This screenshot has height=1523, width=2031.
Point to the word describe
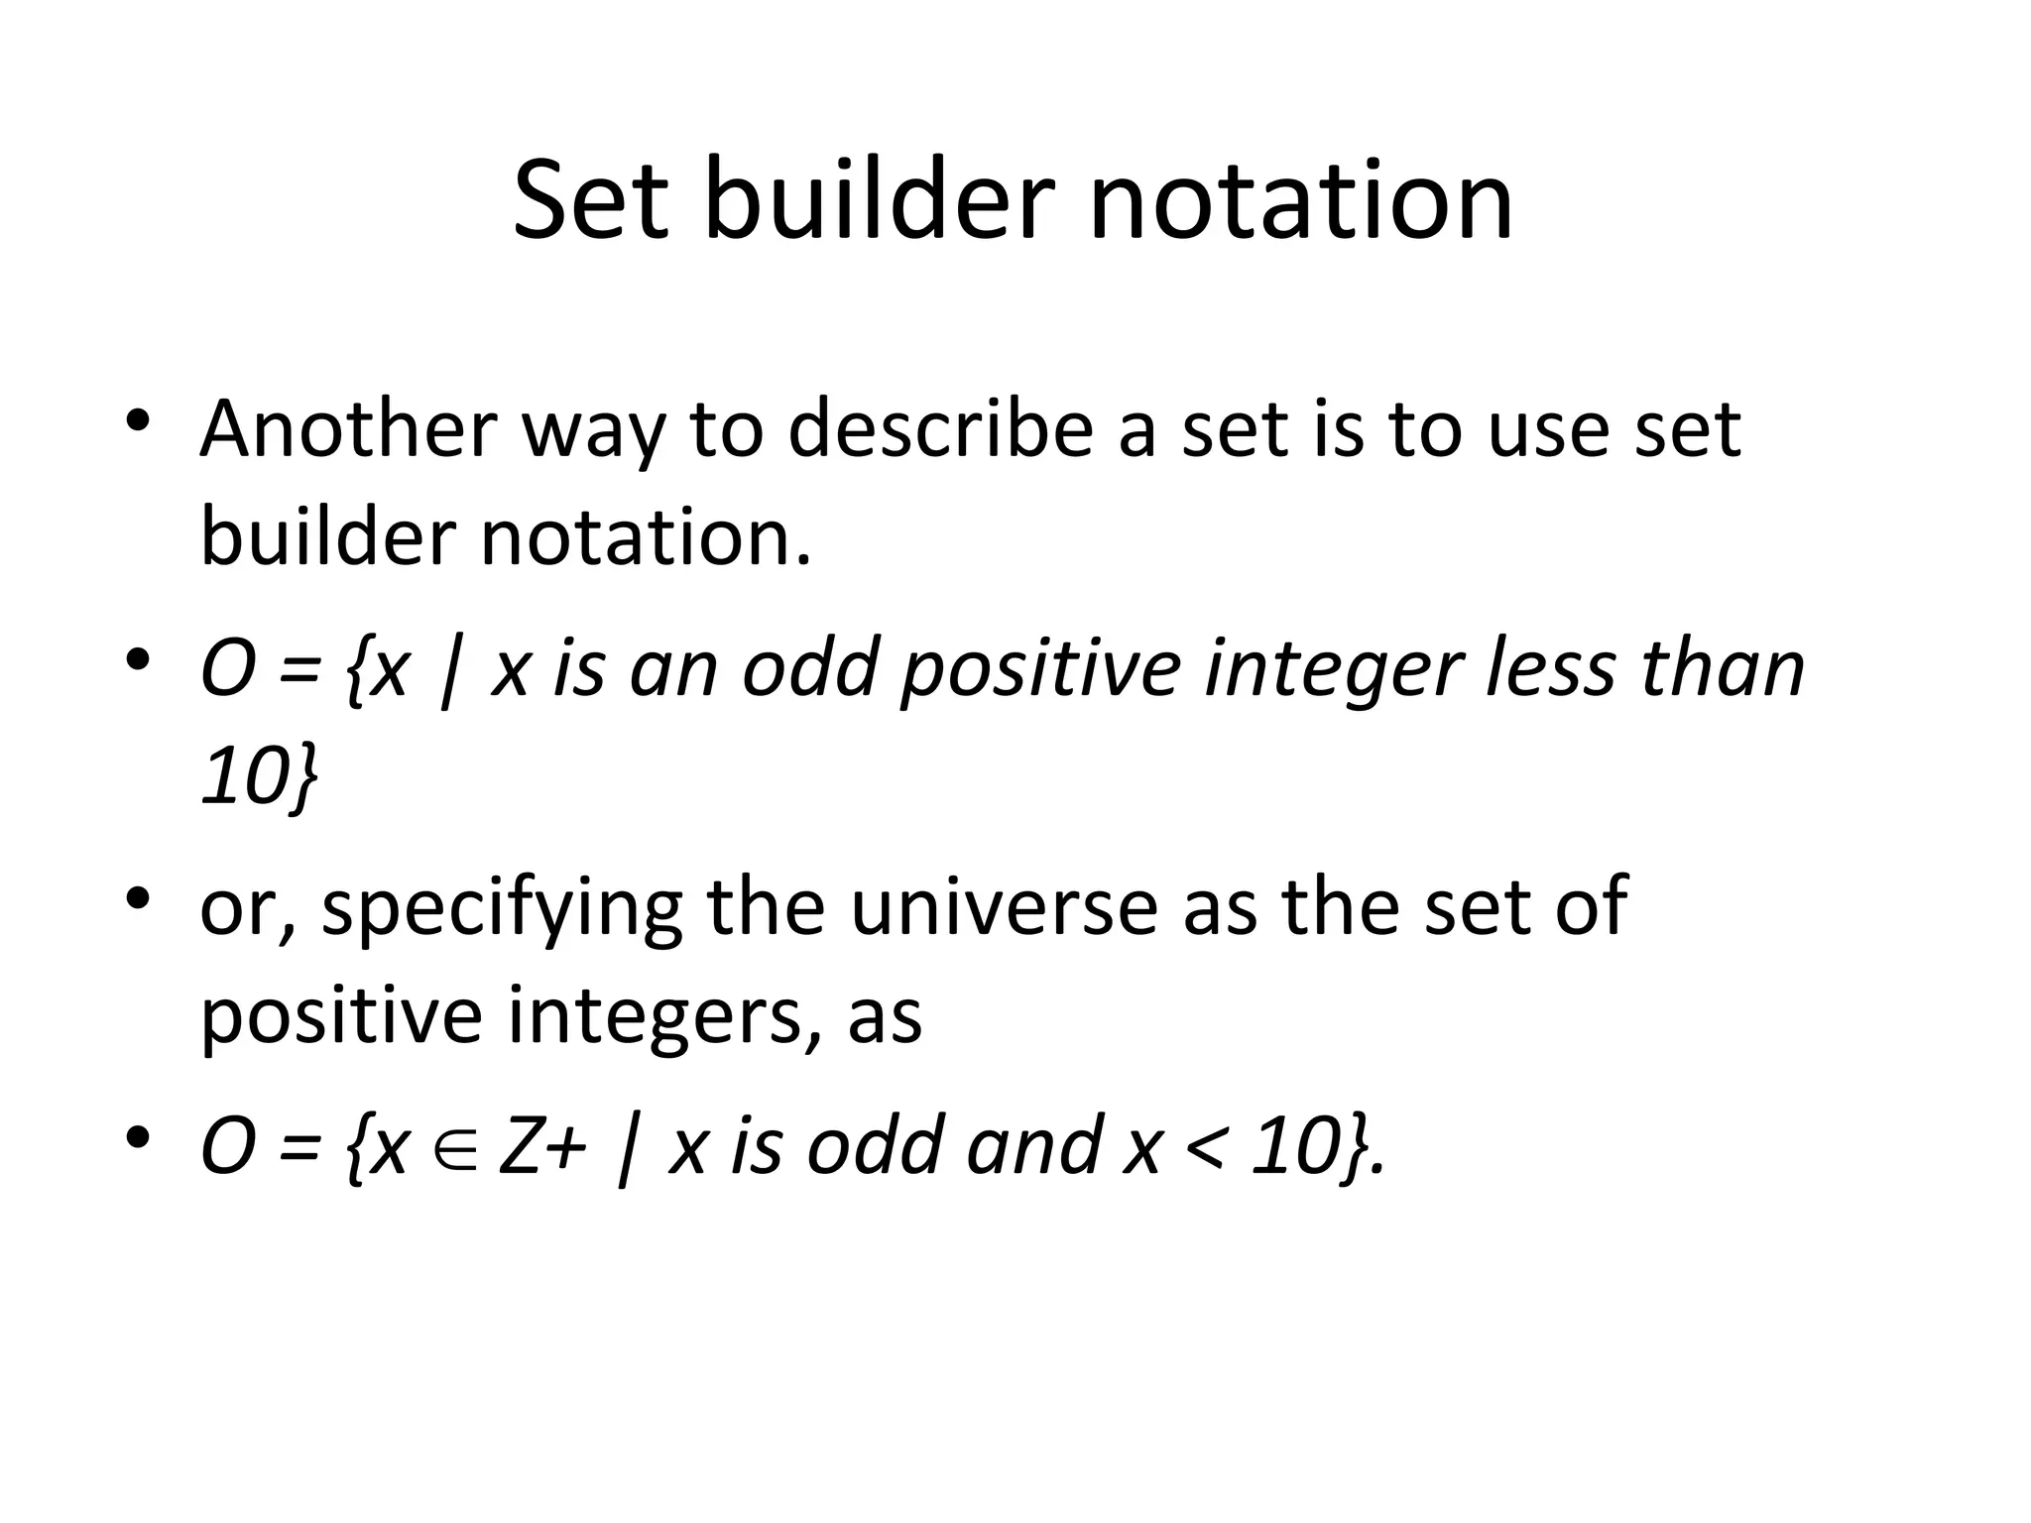[943, 428]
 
